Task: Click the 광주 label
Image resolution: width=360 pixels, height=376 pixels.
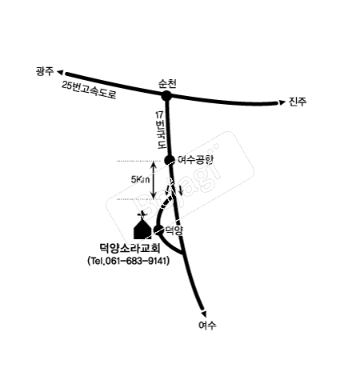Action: click(45, 71)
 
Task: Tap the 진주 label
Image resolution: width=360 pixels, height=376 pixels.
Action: click(298, 102)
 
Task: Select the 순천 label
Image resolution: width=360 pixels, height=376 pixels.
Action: click(167, 84)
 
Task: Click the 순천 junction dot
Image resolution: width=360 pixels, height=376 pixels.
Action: click(166, 96)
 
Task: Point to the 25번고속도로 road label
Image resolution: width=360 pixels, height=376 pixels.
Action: click(90, 90)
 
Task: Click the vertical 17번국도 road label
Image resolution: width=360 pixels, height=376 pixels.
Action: click(161, 130)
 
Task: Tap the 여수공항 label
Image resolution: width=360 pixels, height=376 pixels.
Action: click(195, 160)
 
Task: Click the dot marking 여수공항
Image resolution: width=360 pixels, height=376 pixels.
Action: click(170, 160)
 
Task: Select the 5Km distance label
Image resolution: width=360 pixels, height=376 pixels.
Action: click(140, 180)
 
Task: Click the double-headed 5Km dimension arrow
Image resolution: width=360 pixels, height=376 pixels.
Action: click(154, 180)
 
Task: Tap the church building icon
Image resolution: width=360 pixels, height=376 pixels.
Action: click(142, 228)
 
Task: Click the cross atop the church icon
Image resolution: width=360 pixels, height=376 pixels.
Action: click(142, 214)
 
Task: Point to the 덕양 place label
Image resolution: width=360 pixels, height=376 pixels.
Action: click(174, 230)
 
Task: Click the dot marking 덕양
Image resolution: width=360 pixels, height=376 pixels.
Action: click(158, 230)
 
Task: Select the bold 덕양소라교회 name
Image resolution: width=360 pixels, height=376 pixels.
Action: click(130, 248)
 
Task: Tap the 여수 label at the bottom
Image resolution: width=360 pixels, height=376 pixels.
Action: click(207, 326)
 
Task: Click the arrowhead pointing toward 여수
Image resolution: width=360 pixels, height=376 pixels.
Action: click(204, 314)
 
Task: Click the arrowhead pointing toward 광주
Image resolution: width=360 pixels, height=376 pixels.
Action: click(60, 72)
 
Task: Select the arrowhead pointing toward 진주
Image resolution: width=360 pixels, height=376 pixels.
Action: click(282, 102)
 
